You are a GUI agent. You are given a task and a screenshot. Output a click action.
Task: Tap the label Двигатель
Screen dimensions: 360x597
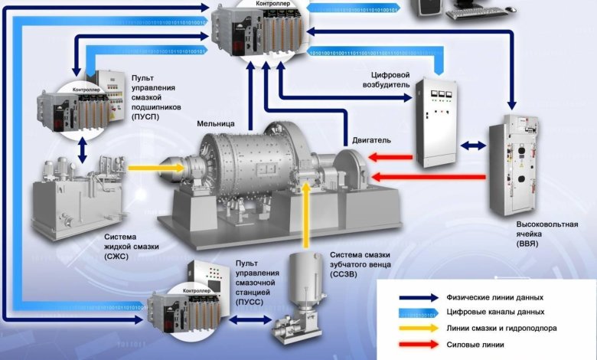(372, 140)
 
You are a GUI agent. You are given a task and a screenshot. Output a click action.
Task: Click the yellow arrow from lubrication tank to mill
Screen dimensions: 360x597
(148, 165)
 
